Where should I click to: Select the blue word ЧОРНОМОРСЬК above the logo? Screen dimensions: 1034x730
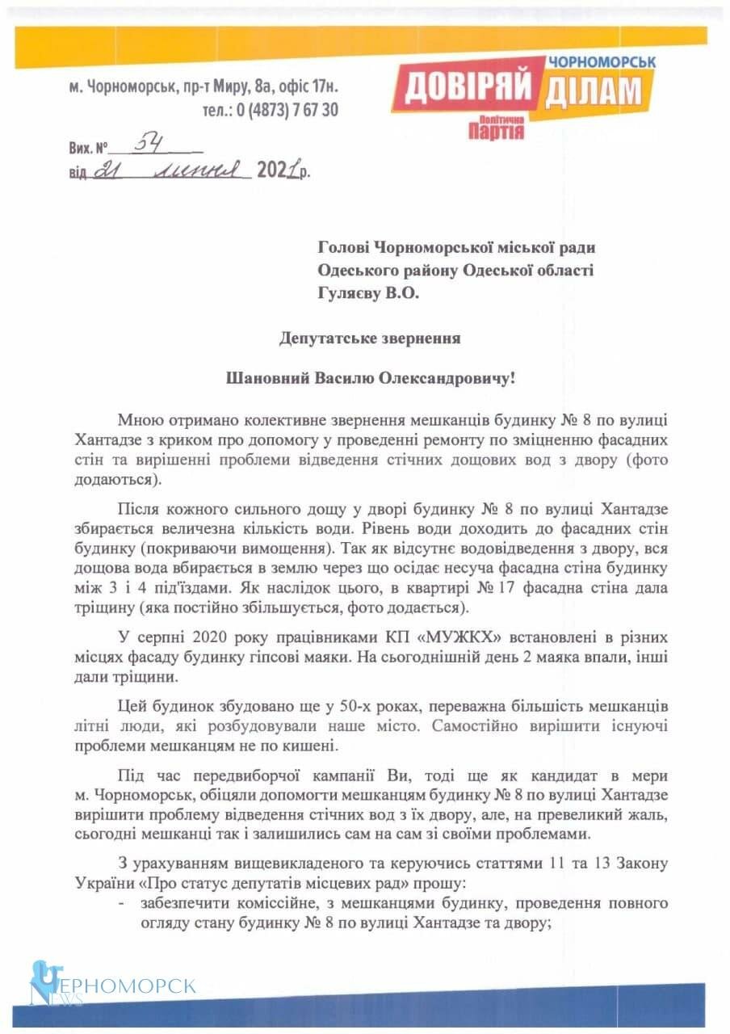tap(602, 61)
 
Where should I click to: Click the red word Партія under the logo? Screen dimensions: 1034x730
tap(495, 131)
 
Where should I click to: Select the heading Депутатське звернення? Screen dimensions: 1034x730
tap(371, 338)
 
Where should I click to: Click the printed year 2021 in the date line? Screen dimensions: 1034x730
tap(275, 170)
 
